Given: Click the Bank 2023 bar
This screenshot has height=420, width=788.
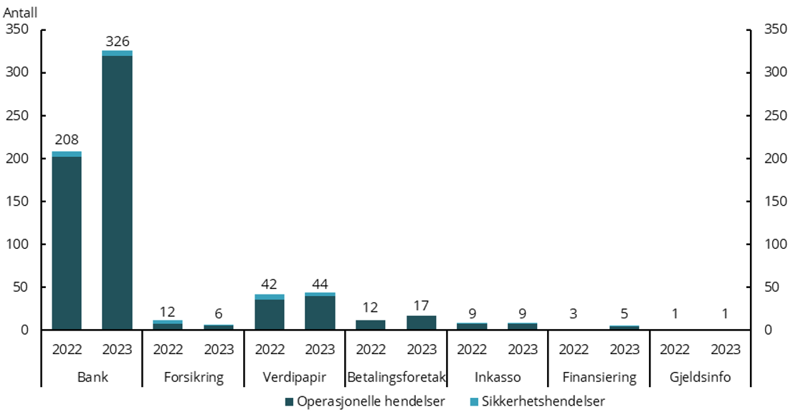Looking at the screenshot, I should coord(117,191).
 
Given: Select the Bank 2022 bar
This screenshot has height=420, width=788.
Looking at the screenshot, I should coord(67,241).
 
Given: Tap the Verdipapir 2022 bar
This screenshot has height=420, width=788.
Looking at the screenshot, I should coord(270,312).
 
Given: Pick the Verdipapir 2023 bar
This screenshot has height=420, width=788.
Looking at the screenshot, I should coord(320,312).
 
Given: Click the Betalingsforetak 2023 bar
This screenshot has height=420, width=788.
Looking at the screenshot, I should coord(422,323).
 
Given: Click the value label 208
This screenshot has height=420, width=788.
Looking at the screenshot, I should coord(67,140).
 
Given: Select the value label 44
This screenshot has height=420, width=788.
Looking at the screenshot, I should coord(320,284).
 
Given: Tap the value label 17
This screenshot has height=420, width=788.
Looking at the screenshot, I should coord(422,307).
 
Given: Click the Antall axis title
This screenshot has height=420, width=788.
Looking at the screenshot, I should coord(20,12).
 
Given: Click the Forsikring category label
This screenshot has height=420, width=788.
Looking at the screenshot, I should coord(194,377).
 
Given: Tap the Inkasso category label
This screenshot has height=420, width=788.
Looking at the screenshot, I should coord(498,377).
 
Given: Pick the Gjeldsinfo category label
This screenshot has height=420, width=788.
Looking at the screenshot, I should coord(701,377).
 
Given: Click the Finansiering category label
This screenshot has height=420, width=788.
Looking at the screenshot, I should coord(599,377).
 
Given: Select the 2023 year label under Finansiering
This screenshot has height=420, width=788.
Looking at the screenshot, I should coord(625,350).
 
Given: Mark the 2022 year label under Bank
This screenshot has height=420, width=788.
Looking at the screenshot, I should coord(67,350).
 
